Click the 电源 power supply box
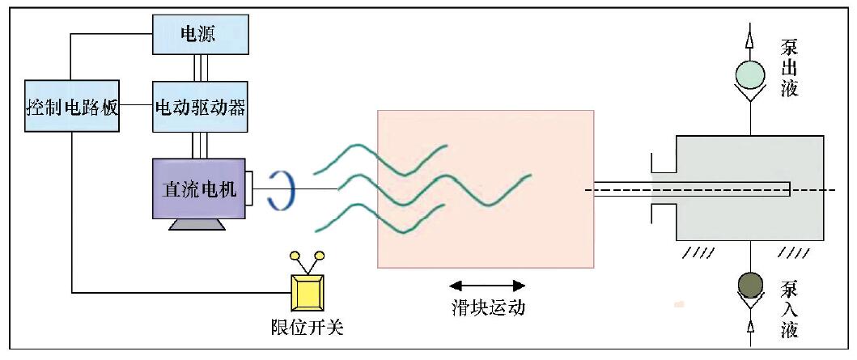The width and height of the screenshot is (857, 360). click(x=199, y=35)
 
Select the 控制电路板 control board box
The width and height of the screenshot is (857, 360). click(x=72, y=106)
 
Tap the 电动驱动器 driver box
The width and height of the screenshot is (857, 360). click(x=199, y=106)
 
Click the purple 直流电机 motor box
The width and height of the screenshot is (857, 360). click(x=198, y=189)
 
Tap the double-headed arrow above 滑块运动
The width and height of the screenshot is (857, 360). click(x=487, y=285)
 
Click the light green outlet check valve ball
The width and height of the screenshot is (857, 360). click(x=749, y=75)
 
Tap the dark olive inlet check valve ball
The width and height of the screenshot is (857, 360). click(x=750, y=286)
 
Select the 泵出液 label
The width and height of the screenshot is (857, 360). click(x=790, y=67)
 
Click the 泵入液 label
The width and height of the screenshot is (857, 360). click(x=790, y=309)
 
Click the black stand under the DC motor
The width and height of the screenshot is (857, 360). click(x=198, y=224)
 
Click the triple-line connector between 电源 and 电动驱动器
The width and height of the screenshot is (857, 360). click(x=199, y=67)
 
